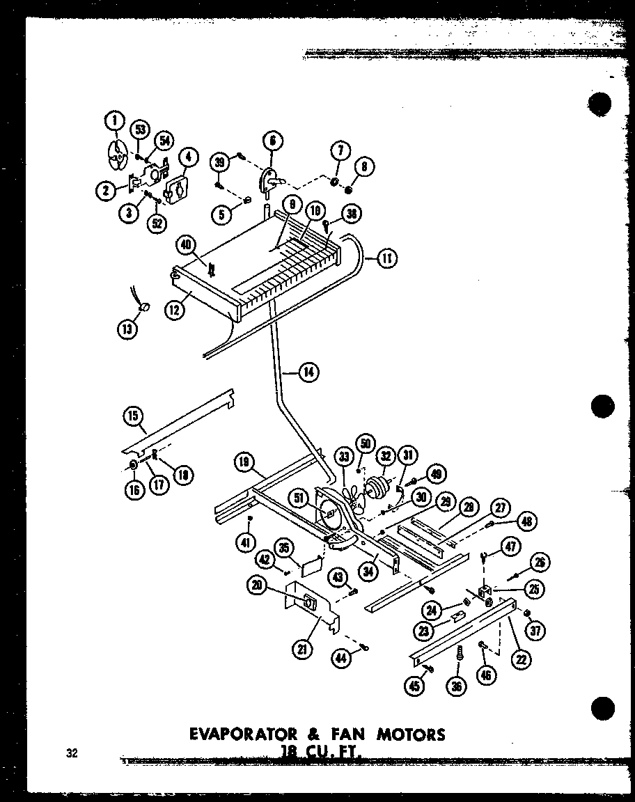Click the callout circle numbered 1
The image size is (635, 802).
tap(113, 121)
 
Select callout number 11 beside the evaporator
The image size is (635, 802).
tap(386, 259)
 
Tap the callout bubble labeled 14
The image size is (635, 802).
tap(308, 372)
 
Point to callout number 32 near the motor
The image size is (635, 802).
tap(384, 457)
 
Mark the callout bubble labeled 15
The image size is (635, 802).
tap(132, 417)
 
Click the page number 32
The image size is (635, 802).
tap(73, 753)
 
